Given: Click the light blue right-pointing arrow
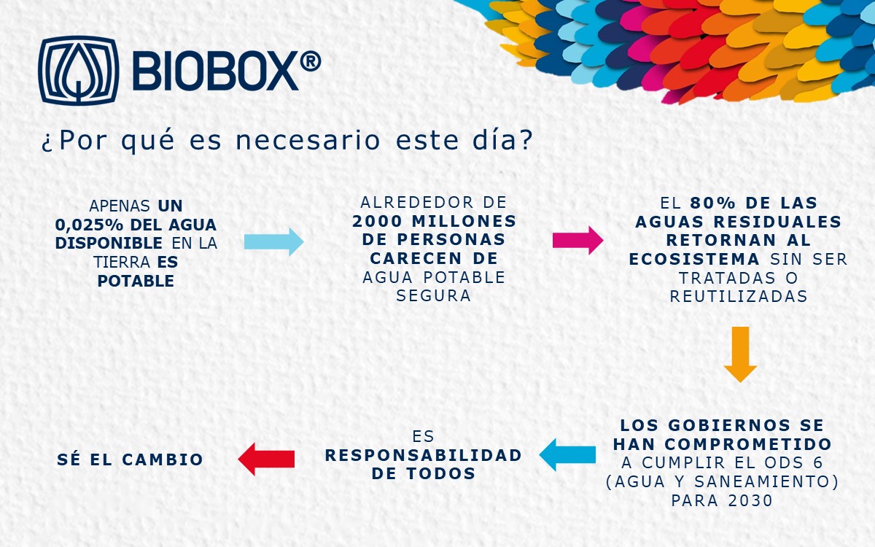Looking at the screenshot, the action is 274,242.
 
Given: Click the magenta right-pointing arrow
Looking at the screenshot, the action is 577,240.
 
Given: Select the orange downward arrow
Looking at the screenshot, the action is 740,354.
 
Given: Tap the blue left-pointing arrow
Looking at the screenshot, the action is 567,454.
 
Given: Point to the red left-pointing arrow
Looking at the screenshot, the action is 266,459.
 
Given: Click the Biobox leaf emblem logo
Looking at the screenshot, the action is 79,71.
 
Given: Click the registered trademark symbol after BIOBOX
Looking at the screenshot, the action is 311,62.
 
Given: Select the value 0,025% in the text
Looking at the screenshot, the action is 90,225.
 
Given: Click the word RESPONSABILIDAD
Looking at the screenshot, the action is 424,455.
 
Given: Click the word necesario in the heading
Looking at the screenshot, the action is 308,140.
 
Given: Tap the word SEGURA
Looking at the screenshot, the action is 434,296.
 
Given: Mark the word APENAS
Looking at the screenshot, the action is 120,206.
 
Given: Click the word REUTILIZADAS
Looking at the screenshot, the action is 739,297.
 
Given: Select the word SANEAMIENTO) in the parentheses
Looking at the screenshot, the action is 766,482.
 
